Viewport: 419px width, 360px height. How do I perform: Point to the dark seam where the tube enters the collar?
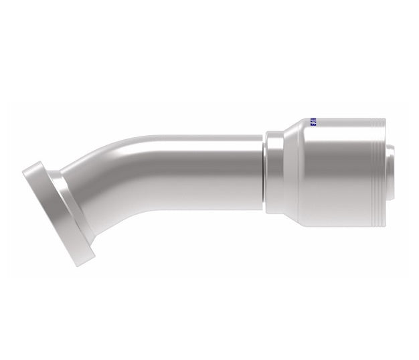(x=263, y=167)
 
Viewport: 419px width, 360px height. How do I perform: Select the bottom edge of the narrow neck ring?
(x=273, y=213)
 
